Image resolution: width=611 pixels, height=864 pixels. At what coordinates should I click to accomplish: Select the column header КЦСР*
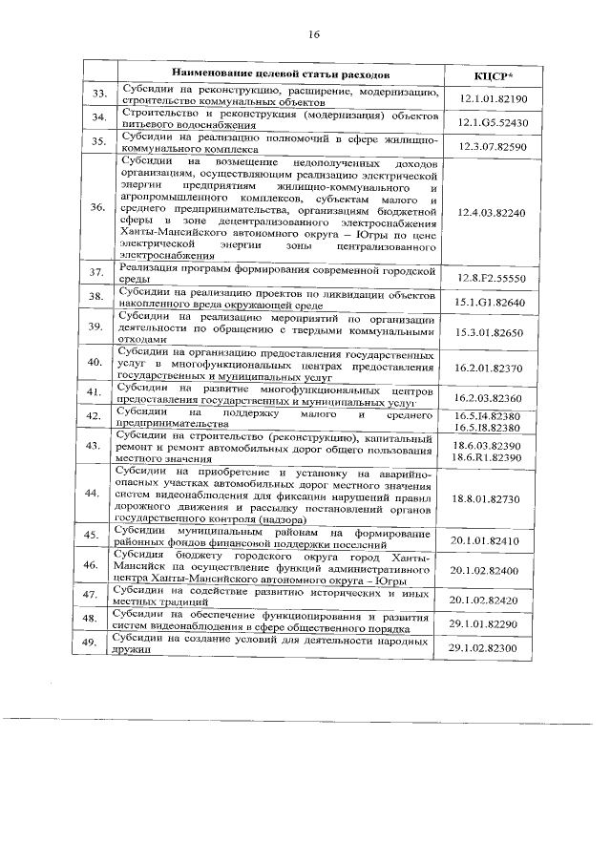click(x=494, y=75)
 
